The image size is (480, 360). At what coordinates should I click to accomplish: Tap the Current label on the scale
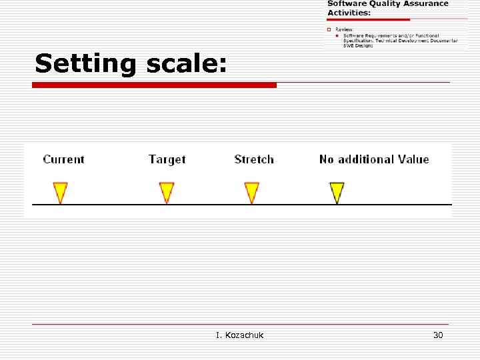tap(63, 159)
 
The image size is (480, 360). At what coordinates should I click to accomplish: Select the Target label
tap(167, 159)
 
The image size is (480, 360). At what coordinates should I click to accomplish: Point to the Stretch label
tap(254, 159)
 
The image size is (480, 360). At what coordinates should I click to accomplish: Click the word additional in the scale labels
tap(365, 159)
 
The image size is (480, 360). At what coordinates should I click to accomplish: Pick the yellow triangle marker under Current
tap(61, 192)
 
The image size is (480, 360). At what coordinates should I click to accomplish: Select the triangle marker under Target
tap(166, 192)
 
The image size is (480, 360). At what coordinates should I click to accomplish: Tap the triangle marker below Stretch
tap(251, 192)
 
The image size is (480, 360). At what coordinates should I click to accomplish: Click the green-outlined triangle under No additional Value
tap(337, 192)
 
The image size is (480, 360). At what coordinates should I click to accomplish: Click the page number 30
tap(438, 335)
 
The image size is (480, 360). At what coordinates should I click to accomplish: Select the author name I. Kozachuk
tap(239, 335)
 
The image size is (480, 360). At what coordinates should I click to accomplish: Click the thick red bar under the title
tap(154, 85)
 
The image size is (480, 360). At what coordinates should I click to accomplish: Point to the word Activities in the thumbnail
tap(348, 13)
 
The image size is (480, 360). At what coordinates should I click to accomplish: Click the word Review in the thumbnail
tap(344, 29)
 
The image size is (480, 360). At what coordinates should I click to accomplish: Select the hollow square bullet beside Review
tap(329, 29)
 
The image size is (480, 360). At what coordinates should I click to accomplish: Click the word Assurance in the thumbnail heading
tap(424, 4)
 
